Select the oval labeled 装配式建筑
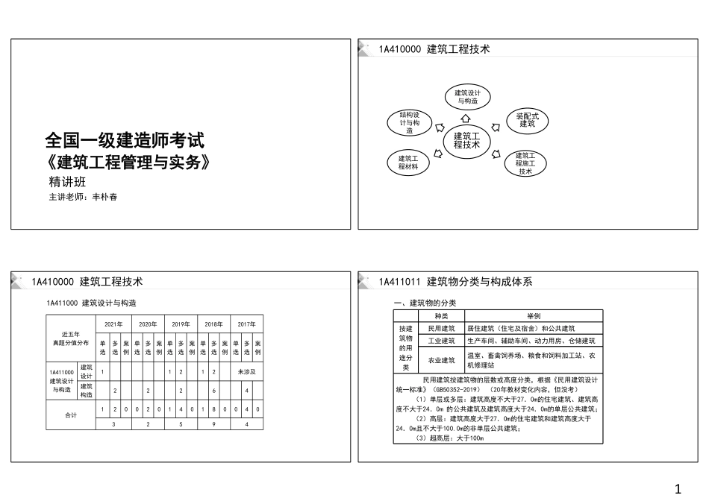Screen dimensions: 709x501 527,120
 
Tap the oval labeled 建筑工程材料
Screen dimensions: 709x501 407,163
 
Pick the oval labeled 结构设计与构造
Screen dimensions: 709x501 410,122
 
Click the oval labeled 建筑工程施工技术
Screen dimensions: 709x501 525,163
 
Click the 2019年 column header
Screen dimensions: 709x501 181,324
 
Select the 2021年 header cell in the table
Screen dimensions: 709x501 114,324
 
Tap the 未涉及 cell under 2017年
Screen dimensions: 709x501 247,371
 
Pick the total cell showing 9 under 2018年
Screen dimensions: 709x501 214,424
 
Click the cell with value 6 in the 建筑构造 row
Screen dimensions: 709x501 214,390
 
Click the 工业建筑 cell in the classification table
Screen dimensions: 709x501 441,341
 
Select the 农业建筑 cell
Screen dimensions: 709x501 441,361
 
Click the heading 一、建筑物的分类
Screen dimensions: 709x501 425,303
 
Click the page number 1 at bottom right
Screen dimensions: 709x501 678,488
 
